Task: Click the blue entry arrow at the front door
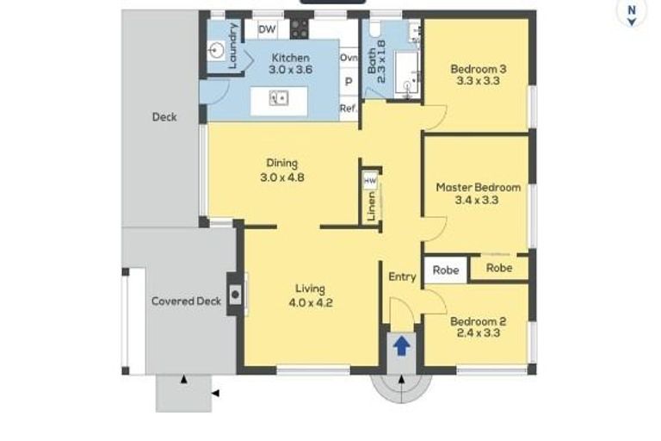[x=401, y=345]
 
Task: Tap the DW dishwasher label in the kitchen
[x=267, y=29]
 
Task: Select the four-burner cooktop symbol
[x=300, y=28]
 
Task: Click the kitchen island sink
[x=279, y=98]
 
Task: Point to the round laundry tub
[x=217, y=51]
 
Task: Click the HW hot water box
[x=370, y=182]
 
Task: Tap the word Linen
[x=371, y=207]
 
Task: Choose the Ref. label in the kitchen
[x=349, y=108]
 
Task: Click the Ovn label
[x=349, y=58]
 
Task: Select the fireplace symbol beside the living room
[x=235, y=294]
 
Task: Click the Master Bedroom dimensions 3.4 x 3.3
[x=477, y=200]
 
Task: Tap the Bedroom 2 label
[x=478, y=321]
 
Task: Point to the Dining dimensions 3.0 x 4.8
[x=282, y=177]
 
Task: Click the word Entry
[x=402, y=276]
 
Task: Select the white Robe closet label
[x=446, y=270]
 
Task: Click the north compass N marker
[x=632, y=9]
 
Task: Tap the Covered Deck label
[x=186, y=301]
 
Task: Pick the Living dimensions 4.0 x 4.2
[x=311, y=302]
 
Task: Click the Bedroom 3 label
[x=479, y=69]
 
